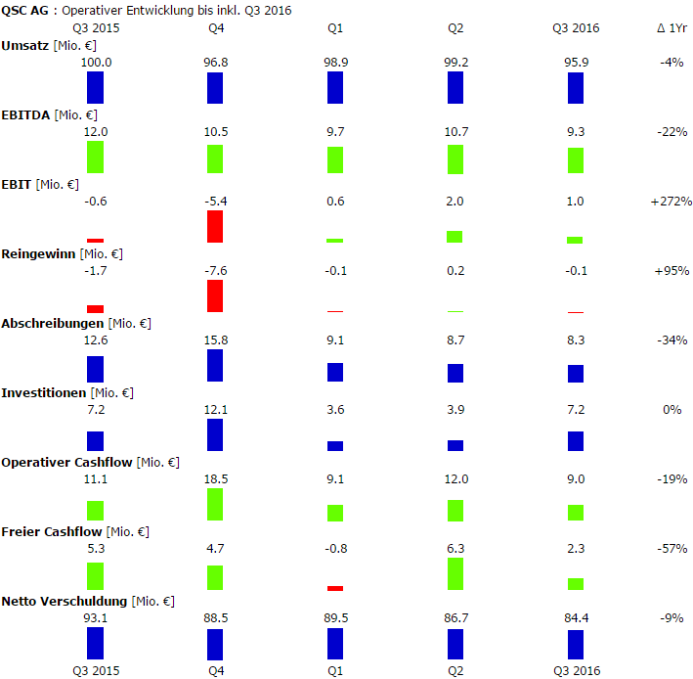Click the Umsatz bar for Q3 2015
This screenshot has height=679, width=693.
[x=95, y=87]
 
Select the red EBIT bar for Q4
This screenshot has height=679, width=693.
[x=215, y=226]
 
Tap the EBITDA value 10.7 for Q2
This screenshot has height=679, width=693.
[x=455, y=132]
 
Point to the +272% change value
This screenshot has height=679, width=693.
[x=671, y=202]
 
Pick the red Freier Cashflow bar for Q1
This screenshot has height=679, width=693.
[x=335, y=588]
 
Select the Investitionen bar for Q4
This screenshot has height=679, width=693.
[x=215, y=435]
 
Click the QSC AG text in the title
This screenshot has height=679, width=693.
[x=23, y=10]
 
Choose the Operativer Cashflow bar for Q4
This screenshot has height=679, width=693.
[x=215, y=505]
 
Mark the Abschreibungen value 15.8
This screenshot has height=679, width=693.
[x=215, y=340]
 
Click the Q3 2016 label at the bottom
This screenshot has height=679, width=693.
[x=576, y=670]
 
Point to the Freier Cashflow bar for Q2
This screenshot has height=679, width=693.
[x=455, y=574]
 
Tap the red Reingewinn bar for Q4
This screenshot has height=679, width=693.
[x=215, y=296]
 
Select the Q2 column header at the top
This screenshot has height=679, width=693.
[x=455, y=28]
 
